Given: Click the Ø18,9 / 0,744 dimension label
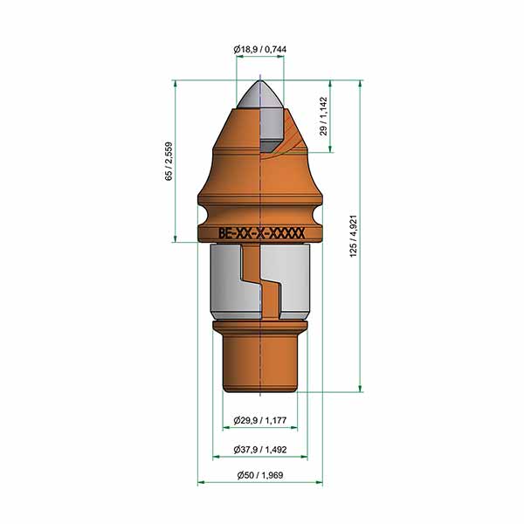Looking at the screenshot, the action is tap(260, 50).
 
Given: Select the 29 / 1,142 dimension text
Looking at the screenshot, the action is tap(323, 116).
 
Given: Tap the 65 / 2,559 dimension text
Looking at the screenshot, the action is tap(169, 162).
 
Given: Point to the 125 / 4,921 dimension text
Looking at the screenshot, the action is tap(353, 236).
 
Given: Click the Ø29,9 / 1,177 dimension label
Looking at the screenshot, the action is tap(260, 420).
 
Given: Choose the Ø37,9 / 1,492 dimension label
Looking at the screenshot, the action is tap(260, 450).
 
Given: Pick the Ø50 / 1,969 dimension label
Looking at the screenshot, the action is tap(260, 475).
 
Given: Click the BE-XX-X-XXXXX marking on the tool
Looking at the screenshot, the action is tap(261, 233).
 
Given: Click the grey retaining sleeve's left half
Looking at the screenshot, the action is tap(226, 280).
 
